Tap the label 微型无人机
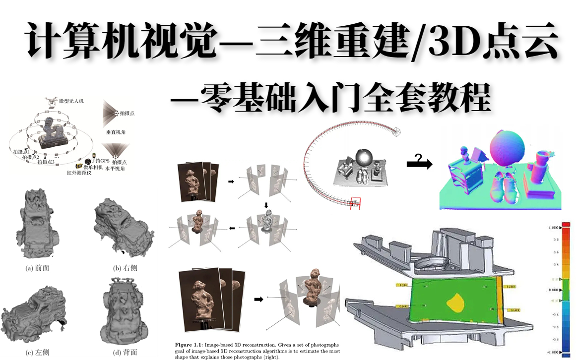[71, 101]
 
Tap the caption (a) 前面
[37, 268]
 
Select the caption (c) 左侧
[37, 353]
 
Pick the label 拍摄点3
[46, 162]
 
